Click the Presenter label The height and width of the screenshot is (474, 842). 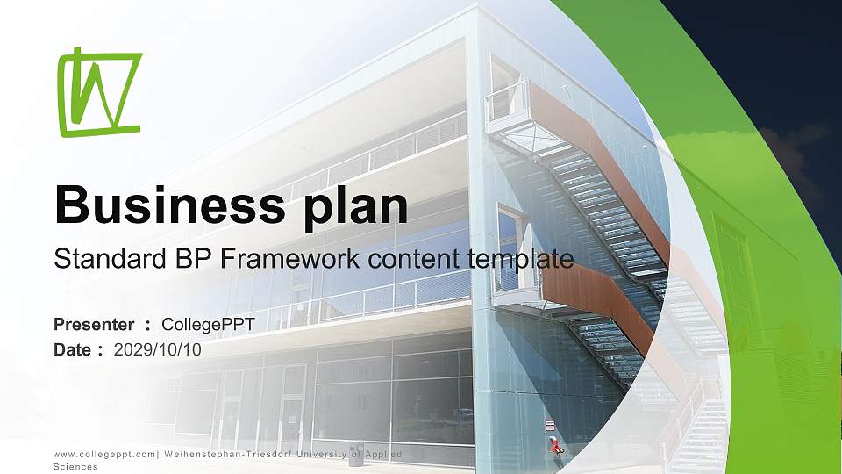click(94, 325)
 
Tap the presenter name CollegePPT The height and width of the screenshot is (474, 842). click(214, 325)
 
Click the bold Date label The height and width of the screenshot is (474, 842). click(73, 349)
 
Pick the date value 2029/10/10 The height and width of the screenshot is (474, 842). click(158, 349)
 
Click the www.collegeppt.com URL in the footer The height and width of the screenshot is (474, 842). click(104, 454)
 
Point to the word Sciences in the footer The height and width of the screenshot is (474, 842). click(75, 467)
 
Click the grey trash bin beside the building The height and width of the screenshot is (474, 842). click(356, 455)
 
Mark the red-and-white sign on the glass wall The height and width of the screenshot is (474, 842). click(550, 426)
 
